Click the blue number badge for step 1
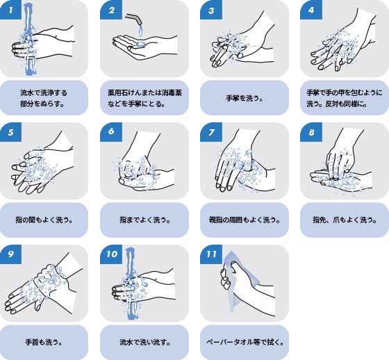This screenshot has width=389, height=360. [x=10, y=10]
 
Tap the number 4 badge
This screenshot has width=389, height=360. [x=311, y=10]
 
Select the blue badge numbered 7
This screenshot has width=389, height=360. [x=211, y=132]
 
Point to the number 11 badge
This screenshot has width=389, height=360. [x=211, y=254]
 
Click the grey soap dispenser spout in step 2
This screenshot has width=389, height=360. [x=134, y=19]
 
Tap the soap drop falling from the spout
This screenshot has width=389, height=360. [x=140, y=31]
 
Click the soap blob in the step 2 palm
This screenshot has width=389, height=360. [x=140, y=44]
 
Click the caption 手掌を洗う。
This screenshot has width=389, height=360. [x=245, y=98]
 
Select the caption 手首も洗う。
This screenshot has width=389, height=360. [x=44, y=343]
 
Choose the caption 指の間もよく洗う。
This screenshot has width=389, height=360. [x=44, y=220]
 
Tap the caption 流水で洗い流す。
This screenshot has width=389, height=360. [x=145, y=343]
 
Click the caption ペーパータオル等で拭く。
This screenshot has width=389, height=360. [x=245, y=343]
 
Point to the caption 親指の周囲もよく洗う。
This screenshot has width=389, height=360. [x=245, y=220]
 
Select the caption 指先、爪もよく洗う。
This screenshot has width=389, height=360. [x=345, y=220]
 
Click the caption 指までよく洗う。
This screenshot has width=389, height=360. [x=145, y=220]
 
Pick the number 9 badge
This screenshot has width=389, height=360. [x=10, y=254]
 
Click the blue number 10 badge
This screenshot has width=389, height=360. [x=111, y=254]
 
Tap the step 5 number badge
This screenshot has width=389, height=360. [x=10, y=132]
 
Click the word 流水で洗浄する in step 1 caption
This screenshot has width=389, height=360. [x=44, y=93]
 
